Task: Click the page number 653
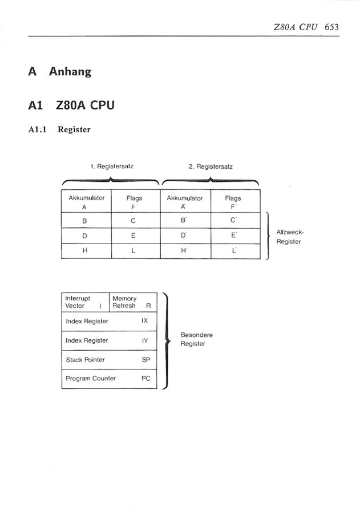(331, 27)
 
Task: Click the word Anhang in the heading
(70, 71)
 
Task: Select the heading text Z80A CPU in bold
(85, 105)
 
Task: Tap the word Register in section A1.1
(74, 129)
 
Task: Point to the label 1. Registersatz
(112, 166)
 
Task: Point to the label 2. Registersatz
(211, 166)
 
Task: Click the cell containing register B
(86, 221)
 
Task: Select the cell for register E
(136, 235)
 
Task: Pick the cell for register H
(86, 251)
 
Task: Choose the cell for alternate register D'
(185, 235)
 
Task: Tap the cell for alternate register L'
(236, 251)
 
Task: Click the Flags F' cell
(236, 201)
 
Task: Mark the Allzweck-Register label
(290, 237)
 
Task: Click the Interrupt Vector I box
(85, 302)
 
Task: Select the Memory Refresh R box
(133, 302)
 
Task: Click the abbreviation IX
(145, 320)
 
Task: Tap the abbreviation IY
(145, 340)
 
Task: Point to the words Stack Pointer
(85, 360)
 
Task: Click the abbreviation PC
(145, 379)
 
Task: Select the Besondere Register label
(197, 339)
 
